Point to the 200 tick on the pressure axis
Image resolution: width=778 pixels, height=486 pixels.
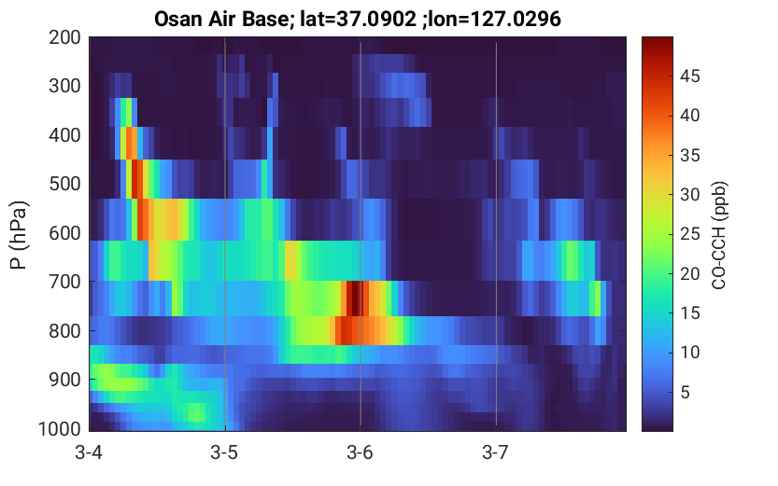click(x=64, y=37)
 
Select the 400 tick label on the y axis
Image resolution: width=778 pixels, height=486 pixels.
click(x=64, y=134)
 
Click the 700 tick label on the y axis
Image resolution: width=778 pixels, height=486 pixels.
click(x=64, y=282)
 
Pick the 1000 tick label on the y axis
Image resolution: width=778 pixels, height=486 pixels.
click(x=60, y=429)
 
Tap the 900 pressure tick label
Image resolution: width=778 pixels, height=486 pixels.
click(x=64, y=380)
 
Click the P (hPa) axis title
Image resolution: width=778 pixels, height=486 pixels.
click(x=19, y=235)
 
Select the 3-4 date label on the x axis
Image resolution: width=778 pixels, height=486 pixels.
click(x=89, y=452)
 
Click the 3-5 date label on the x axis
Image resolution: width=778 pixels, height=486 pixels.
click(x=225, y=452)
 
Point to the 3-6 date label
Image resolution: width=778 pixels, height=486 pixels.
click(x=361, y=452)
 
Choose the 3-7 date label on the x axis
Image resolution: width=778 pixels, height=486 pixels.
click(x=496, y=452)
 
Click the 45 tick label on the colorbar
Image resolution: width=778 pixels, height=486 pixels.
click(x=690, y=76)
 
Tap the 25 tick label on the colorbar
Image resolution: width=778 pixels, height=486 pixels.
click(x=690, y=234)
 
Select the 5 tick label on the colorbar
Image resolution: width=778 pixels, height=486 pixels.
click(x=686, y=393)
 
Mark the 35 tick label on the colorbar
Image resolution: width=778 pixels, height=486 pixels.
click(x=690, y=155)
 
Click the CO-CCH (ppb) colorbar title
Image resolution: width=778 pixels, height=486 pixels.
click(x=719, y=235)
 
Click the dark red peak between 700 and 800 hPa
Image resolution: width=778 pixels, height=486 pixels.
click(x=355, y=299)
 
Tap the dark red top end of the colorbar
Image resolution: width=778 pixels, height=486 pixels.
click(x=658, y=41)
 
